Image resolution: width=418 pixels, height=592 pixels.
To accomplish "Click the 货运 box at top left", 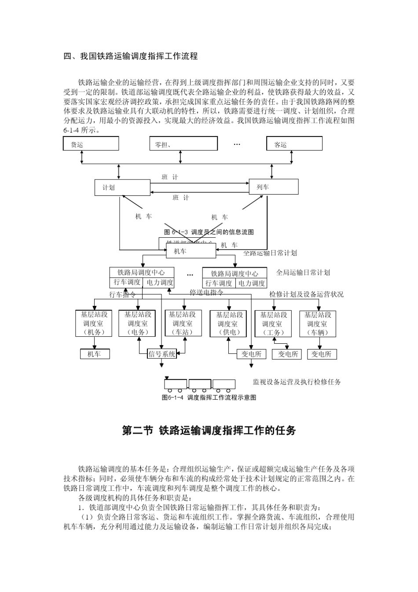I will (91, 143).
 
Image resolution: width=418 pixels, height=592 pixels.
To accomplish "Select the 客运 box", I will (294, 143).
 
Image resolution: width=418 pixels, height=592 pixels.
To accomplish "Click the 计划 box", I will (122, 188).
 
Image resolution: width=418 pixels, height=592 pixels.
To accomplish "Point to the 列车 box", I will (274, 187).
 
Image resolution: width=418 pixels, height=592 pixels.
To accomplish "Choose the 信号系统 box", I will (162, 354).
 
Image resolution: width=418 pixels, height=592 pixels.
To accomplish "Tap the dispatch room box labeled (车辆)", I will (318, 324).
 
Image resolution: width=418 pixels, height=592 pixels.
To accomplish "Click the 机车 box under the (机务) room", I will (94, 354).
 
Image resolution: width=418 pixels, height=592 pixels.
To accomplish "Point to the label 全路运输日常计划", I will (270, 253).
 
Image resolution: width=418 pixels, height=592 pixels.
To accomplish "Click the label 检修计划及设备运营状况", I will (306, 294).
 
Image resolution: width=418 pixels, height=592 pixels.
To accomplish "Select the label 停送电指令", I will (206, 292).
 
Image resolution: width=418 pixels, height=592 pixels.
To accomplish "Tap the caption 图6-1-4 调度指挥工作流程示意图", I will (209, 397).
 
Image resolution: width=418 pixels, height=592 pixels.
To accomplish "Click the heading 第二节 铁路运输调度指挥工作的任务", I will (209, 430).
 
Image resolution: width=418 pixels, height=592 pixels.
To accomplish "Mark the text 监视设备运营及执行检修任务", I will (297, 382).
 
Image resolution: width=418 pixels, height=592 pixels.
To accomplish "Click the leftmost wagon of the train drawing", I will (176, 384).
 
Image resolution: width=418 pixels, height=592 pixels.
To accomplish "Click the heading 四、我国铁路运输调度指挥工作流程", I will (131, 56).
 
